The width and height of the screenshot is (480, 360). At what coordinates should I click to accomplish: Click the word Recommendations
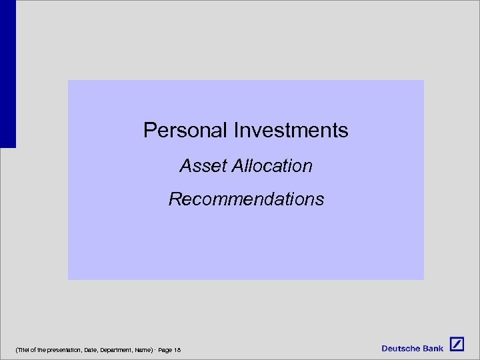coord(246,199)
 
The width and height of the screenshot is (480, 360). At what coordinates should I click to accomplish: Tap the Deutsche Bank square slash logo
coord(457,345)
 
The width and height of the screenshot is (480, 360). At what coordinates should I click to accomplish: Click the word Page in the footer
coord(164,350)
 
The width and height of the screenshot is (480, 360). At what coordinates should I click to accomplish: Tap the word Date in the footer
coord(91,350)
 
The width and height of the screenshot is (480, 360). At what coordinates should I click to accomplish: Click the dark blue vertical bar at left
coord(7,73)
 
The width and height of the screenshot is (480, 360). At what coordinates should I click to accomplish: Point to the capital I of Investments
coord(235,130)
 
